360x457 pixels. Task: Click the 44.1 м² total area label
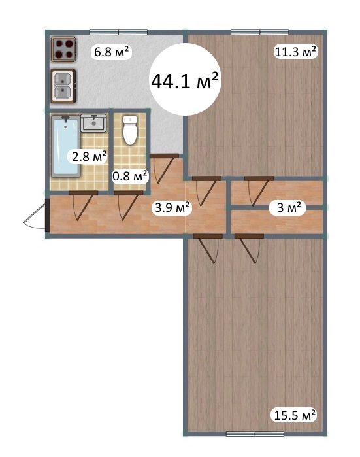click(x=185, y=80)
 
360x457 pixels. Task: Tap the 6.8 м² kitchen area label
click(x=111, y=52)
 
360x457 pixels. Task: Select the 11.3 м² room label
click(x=295, y=52)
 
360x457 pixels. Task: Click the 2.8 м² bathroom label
click(x=89, y=157)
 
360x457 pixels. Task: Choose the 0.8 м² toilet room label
click(x=130, y=176)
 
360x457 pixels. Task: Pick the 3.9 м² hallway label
click(x=172, y=207)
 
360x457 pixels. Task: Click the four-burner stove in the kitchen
click(x=64, y=49)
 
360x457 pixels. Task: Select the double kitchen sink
click(x=63, y=86)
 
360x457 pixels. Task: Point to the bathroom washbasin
click(x=93, y=124)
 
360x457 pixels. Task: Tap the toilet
click(x=130, y=130)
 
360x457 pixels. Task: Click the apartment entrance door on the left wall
click(x=35, y=215)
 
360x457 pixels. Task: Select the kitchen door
click(x=164, y=169)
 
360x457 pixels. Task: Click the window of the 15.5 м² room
click(x=255, y=434)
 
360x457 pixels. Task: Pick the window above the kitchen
click(x=118, y=32)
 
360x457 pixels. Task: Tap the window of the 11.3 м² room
click(x=260, y=32)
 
